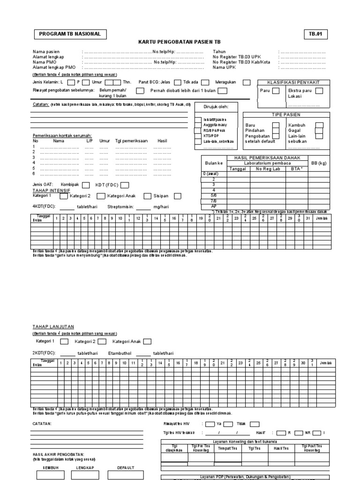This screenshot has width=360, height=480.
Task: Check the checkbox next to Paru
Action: [x=277, y=90]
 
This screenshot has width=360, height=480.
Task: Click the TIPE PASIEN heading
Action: [x=286, y=114]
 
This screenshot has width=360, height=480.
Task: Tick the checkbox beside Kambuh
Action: [x=319, y=125]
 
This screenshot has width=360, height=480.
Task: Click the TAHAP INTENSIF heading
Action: [x=51, y=191]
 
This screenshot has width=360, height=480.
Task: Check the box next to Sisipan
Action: [x=147, y=196]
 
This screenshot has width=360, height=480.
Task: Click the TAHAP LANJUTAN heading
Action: [x=53, y=326]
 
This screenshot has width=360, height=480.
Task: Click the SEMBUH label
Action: [x=50, y=468]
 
